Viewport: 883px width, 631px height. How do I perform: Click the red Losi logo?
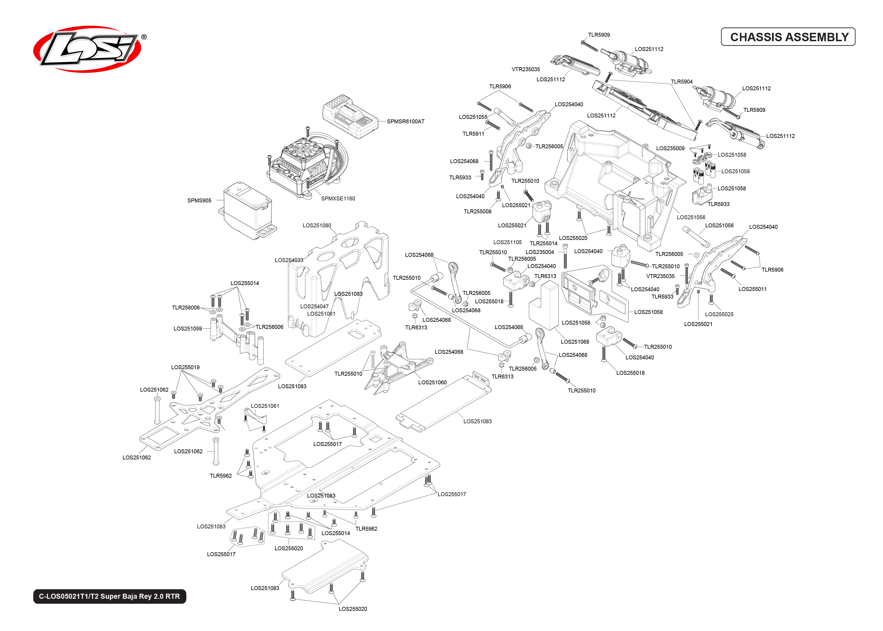(87, 49)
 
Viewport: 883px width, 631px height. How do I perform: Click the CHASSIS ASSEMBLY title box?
(788, 37)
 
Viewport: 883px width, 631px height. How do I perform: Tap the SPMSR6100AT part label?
(405, 122)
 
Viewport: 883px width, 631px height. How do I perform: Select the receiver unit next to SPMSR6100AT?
(350, 117)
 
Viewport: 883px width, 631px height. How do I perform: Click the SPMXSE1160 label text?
(338, 198)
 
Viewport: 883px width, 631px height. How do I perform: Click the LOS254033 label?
(289, 260)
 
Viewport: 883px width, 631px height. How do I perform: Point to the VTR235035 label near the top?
(525, 70)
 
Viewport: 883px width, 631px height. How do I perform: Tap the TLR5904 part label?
(682, 82)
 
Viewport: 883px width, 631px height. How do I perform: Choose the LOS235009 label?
(670, 148)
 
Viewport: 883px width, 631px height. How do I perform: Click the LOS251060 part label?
(432, 382)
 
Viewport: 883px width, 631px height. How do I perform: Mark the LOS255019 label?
(185, 367)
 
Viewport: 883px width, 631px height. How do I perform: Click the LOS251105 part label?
(507, 242)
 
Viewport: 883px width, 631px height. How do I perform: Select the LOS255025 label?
(719, 314)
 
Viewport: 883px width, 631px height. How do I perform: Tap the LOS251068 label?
(575, 342)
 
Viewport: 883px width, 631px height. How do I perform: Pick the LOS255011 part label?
(752, 289)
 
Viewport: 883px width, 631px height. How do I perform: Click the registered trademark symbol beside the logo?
(144, 37)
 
